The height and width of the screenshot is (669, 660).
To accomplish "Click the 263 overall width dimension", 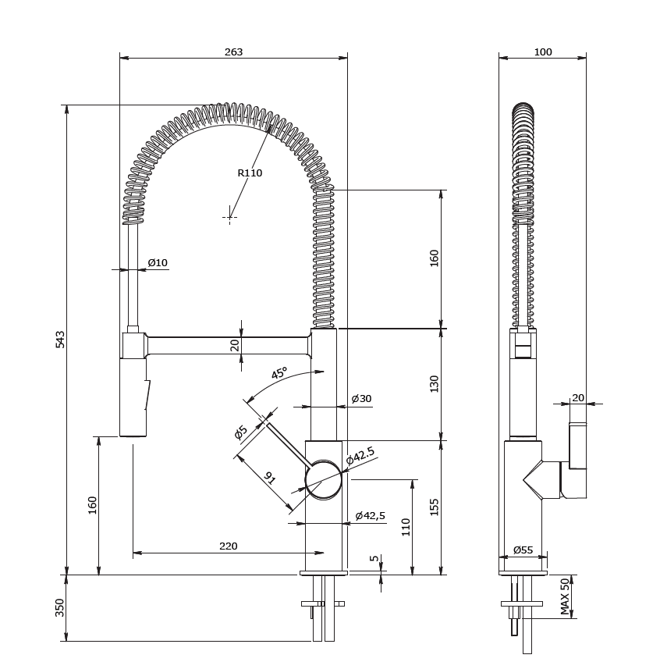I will pyautogui.click(x=233, y=52).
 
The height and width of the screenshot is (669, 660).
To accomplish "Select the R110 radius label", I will pyautogui.click(x=250, y=173).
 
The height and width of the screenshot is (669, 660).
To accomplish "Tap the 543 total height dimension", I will pyautogui.click(x=61, y=339).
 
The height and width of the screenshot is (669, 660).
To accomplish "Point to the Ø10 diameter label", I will pyautogui.click(x=158, y=263).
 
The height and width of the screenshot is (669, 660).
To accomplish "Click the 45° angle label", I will pyautogui.click(x=279, y=373).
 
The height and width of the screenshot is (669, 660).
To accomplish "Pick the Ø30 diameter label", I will pyautogui.click(x=361, y=399).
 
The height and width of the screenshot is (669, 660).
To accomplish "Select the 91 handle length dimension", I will pyautogui.click(x=270, y=478).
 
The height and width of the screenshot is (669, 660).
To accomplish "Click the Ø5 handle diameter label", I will pyautogui.click(x=241, y=432).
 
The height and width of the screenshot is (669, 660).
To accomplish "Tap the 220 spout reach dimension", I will pyautogui.click(x=228, y=546).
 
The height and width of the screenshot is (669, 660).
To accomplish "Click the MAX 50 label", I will pyautogui.click(x=566, y=596).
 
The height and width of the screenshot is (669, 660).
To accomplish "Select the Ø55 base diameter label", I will pyautogui.click(x=523, y=550).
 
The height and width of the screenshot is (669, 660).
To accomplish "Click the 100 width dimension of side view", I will pyautogui.click(x=543, y=52).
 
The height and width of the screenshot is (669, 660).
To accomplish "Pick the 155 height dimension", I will pyautogui.click(x=435, y=507).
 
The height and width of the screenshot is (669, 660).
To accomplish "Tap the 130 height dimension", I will pyautogui.click(x=435, y=383).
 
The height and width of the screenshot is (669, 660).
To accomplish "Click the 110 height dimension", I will pyautogui.click(x=406, y=527).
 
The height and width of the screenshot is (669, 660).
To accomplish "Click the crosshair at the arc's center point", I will pyautogui.click(x=229, y=217).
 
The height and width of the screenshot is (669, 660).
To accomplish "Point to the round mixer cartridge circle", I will pyautogui.click(x=324, y=479).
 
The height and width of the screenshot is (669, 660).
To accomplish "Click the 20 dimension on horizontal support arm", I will pyautogui.click(x=235, y=344).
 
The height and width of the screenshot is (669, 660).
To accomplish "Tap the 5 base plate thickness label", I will pyautogui.click(x=374, y=560).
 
